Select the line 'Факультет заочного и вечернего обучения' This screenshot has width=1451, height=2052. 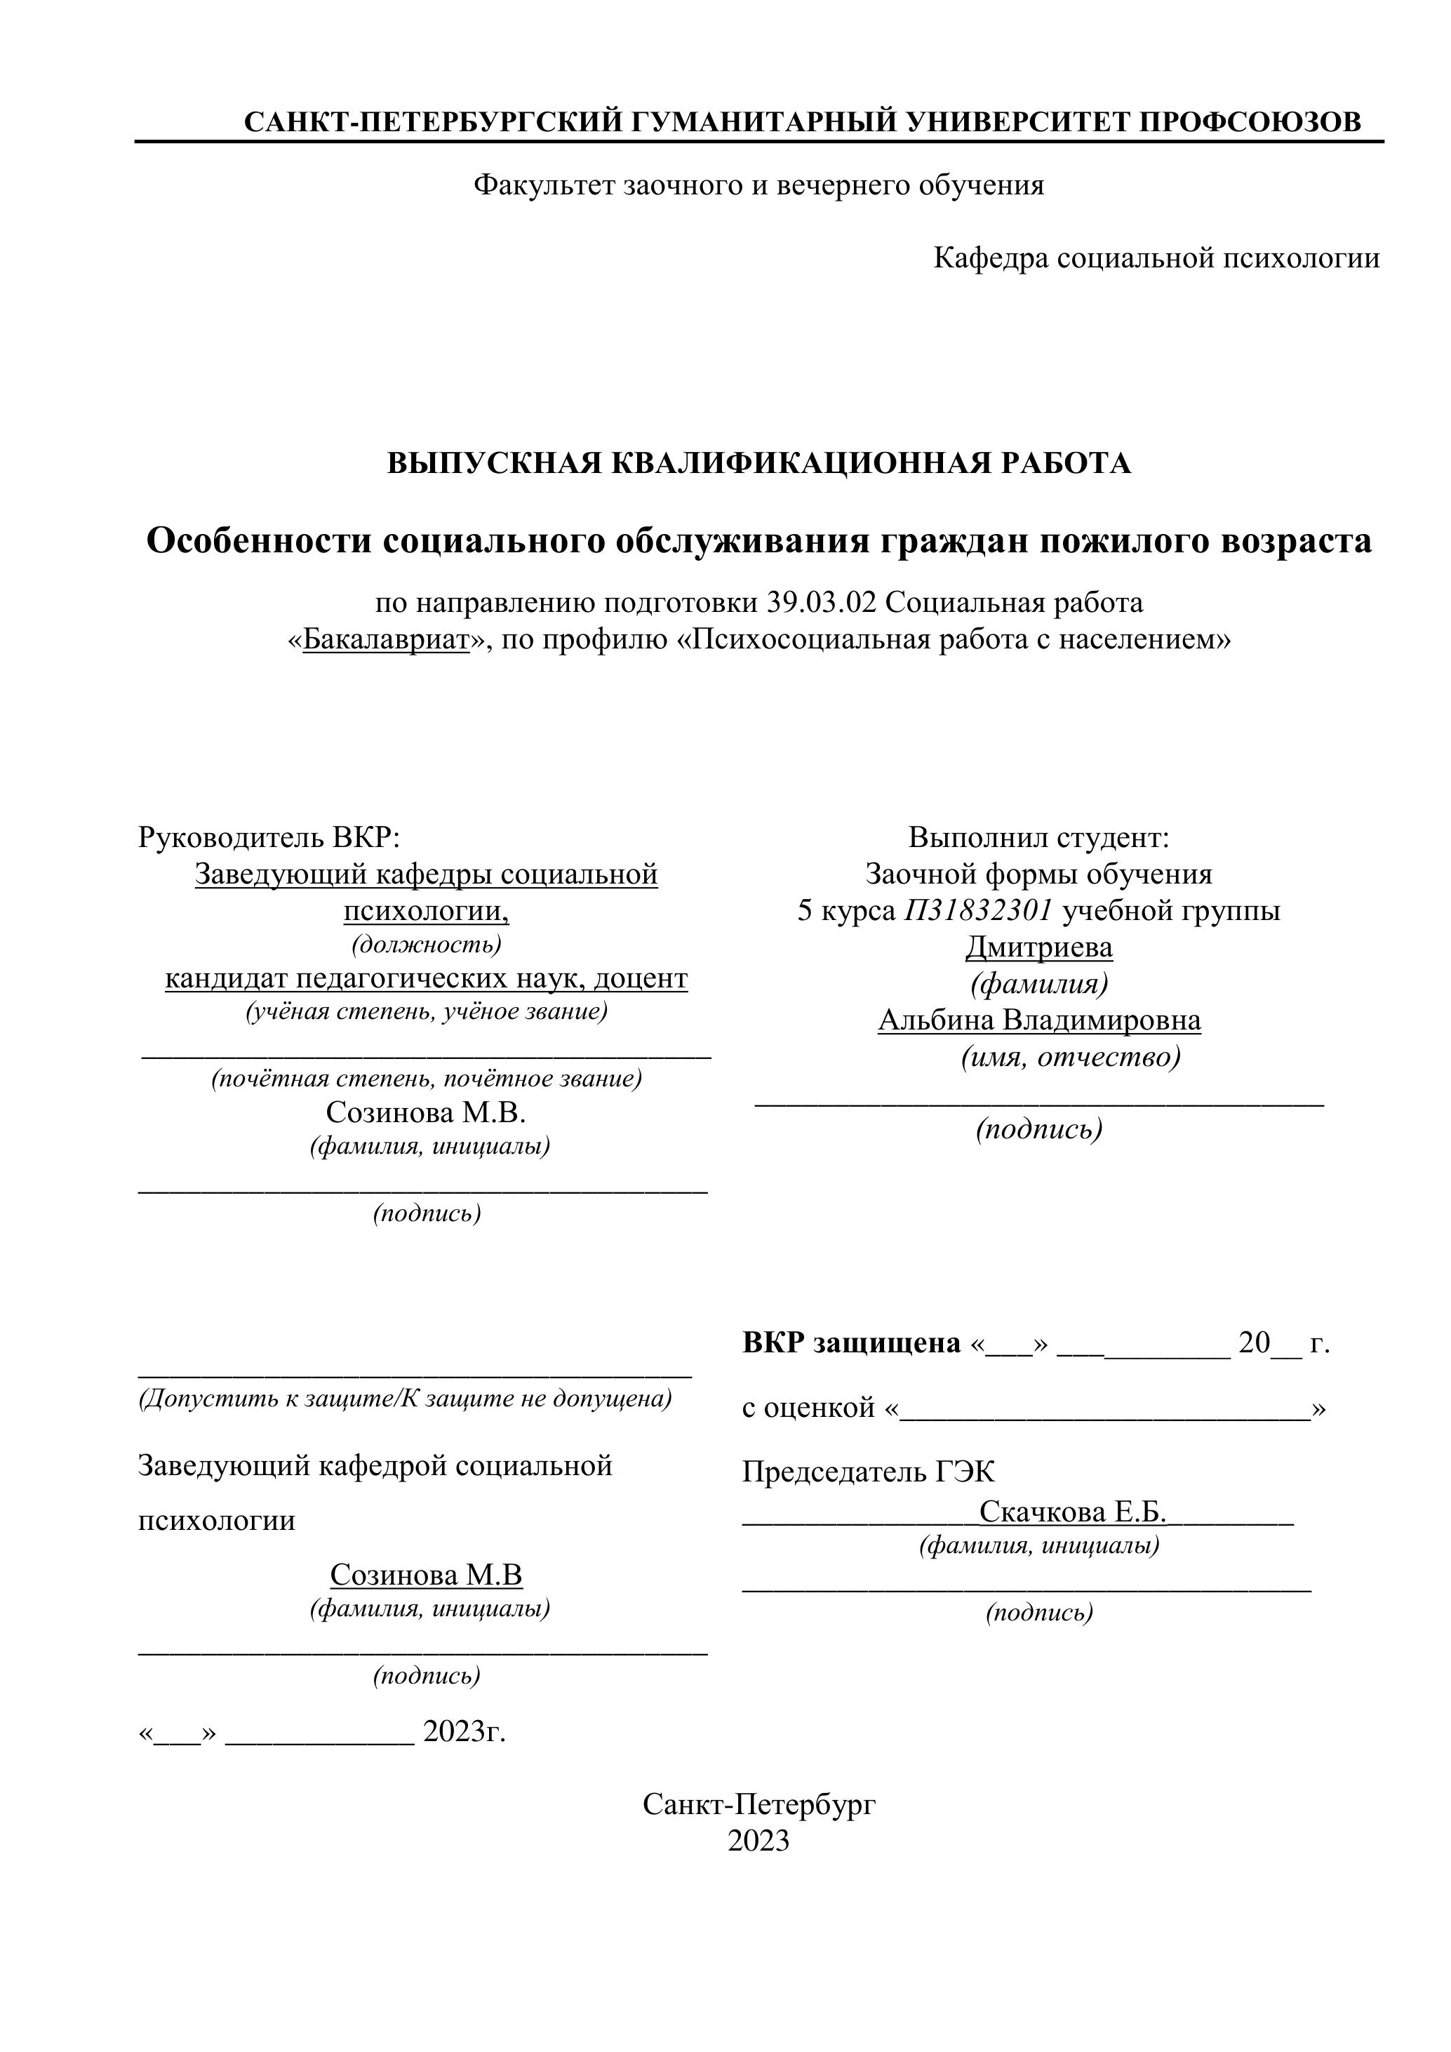click(x=758, y=185)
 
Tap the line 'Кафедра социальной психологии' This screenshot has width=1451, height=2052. click(x=1156, y=258)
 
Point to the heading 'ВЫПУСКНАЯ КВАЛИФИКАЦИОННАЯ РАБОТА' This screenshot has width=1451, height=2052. click(x=758, y=463)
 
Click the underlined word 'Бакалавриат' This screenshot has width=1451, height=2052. click(x=386, y=640)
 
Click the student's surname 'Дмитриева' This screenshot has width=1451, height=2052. click(x=1038, y=947)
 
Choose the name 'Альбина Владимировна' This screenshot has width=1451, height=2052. click(x=1038, y=1020)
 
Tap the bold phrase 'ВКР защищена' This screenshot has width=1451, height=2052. click(x=850, y=1343)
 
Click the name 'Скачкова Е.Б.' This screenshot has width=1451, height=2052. click(x=1073, y=1512)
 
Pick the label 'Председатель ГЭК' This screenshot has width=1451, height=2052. click(x=867, y=1472)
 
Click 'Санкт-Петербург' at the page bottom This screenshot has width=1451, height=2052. click(x=758, y=1804)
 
